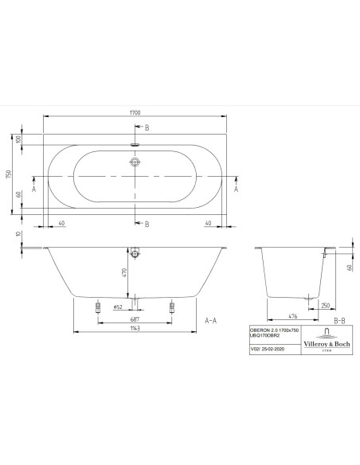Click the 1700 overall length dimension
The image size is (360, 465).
(x=135, y=113)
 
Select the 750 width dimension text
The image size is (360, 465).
(x=9, y=174)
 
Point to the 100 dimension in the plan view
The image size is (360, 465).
(x=18, y=139)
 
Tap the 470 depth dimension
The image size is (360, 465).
(x=124, y=272)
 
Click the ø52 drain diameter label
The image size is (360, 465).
(x=118, y=307)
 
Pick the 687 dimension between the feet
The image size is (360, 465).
(x=135, y=319)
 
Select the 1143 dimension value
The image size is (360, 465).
(x=135, y=328)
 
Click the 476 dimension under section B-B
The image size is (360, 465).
(x=292, y=316)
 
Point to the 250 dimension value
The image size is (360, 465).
(x=325, y=306)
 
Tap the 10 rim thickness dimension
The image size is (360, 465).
(x=18, y=234)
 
